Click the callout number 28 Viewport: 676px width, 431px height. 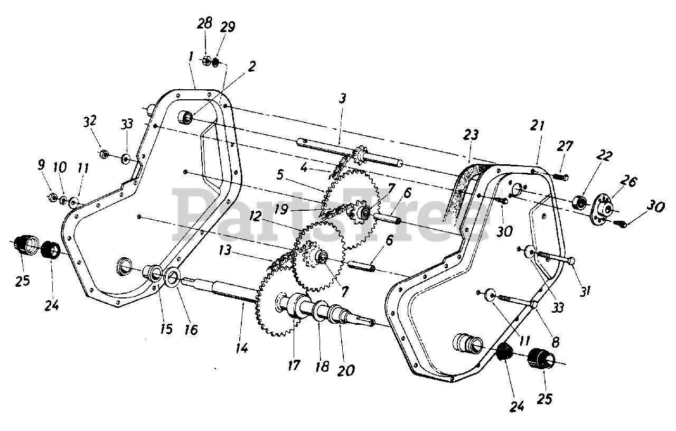click(x=205, y=24)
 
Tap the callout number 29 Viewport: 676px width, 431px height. click(x=227, y=27)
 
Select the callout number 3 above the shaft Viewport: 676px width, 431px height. click(x=342, y=99)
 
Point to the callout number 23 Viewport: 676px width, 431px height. click(x=471, y=135)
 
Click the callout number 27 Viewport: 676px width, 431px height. click(x=565, y=146)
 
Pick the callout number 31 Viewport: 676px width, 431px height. click(x=585, y=291)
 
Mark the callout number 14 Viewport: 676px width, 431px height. click(x=242, y=348)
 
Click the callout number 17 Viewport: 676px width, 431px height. click(x=294, y=366)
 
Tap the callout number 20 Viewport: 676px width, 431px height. click(x=346, y=370)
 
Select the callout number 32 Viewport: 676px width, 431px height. click(x=90, y=121)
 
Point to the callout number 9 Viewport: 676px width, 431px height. click(x=41, y=165)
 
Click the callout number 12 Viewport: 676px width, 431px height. click(x=255, y=216)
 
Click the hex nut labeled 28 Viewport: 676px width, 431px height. click(x=206, y=60)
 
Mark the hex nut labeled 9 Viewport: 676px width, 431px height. click(x=52, y=198)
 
